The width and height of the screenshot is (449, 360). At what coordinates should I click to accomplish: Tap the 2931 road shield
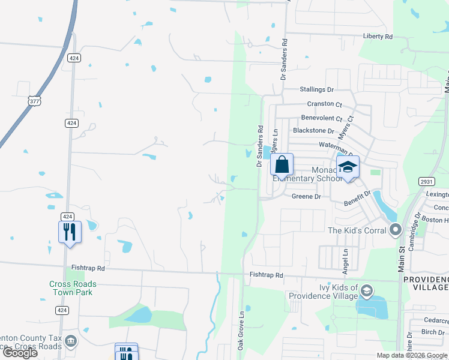[426, 182]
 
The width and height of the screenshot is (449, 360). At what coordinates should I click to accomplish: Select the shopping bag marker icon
[282, 164]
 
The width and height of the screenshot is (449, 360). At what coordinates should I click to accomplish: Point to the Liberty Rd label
[378, 37]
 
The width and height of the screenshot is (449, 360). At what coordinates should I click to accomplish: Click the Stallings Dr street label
[317, 89]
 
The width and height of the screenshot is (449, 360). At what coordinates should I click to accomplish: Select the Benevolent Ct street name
[321, 119]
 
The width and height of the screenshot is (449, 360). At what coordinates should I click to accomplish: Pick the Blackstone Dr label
[313, 131]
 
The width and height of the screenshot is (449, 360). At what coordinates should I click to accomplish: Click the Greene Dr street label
[306, 196]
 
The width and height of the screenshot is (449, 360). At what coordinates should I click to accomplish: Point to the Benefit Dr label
[358, 199]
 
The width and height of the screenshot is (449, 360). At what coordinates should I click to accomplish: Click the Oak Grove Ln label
[241, 331]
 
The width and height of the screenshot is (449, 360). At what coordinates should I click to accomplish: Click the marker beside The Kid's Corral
[395, 230]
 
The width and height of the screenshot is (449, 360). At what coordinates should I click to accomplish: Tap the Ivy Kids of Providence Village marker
[366, 292]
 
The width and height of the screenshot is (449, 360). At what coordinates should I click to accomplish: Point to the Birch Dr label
[432, 332]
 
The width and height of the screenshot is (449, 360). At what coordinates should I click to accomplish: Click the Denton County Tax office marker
[71, 341]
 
